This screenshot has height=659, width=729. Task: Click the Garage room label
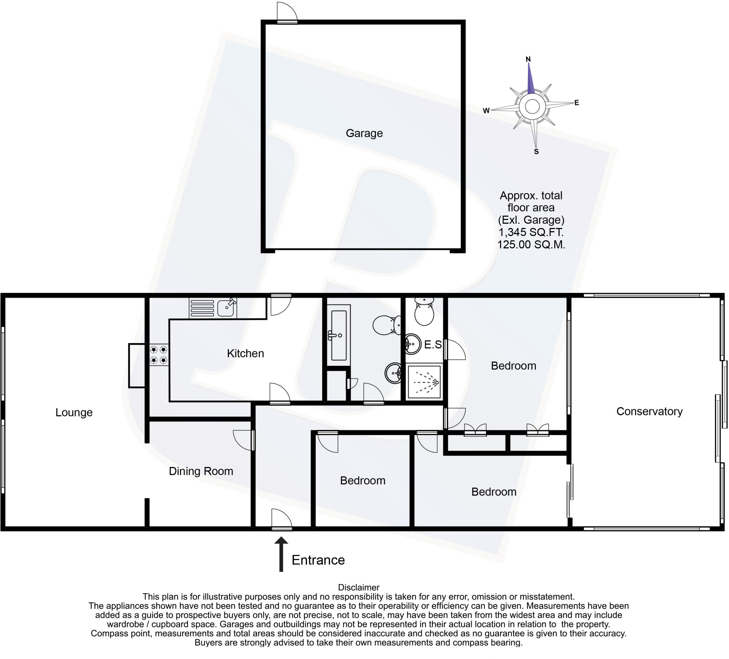364,133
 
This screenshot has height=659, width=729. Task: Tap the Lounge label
74,412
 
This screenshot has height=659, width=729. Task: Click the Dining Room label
201,471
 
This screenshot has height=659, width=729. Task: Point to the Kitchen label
245,353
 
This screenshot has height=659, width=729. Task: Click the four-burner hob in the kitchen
159,355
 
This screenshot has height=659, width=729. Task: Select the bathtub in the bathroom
339,335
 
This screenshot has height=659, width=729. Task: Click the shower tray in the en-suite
424,382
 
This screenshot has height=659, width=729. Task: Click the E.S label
432,344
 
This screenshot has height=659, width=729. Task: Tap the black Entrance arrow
281,554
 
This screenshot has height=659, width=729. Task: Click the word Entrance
318,560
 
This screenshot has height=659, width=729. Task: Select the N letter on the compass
528,59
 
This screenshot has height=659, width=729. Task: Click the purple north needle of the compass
530,80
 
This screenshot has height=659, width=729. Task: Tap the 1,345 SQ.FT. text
531,232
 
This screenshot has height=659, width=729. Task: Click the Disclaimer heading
358,587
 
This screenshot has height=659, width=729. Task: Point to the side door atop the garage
287,13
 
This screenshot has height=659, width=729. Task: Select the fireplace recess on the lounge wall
137,365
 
